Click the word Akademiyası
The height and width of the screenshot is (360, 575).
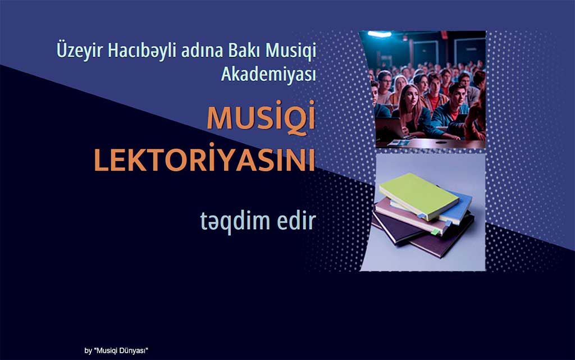click(268, 75)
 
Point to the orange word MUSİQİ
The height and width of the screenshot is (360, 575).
click(261, 117)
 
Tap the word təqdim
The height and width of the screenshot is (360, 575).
click(235, 221)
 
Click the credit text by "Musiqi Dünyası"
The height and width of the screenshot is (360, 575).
click(116, 350)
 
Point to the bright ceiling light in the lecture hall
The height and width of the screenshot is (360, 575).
click(380, 34)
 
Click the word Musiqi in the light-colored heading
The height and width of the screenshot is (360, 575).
click(290, 51)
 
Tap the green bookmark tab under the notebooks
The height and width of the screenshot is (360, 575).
click(435, 232)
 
